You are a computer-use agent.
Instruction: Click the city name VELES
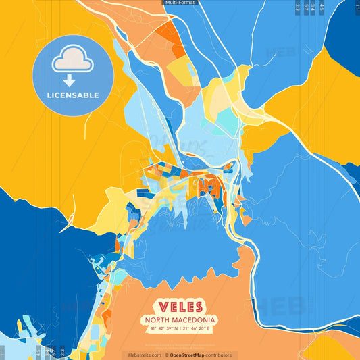click(180, 307)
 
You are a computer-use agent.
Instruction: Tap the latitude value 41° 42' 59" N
click(160, 328)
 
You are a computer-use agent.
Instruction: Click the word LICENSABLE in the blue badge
click(72, 95)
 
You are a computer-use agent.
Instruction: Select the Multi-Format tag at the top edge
click(180, 3)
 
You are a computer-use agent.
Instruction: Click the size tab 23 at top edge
click(298, 7)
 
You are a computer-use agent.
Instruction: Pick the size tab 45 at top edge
click(322, 7)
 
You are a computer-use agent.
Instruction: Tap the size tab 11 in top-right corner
click(357, 7)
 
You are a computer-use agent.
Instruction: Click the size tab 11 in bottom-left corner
click(3, 353)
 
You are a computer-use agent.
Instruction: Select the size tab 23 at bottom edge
click(62, 353)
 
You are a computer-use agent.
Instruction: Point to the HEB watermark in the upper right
click(281, 51)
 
